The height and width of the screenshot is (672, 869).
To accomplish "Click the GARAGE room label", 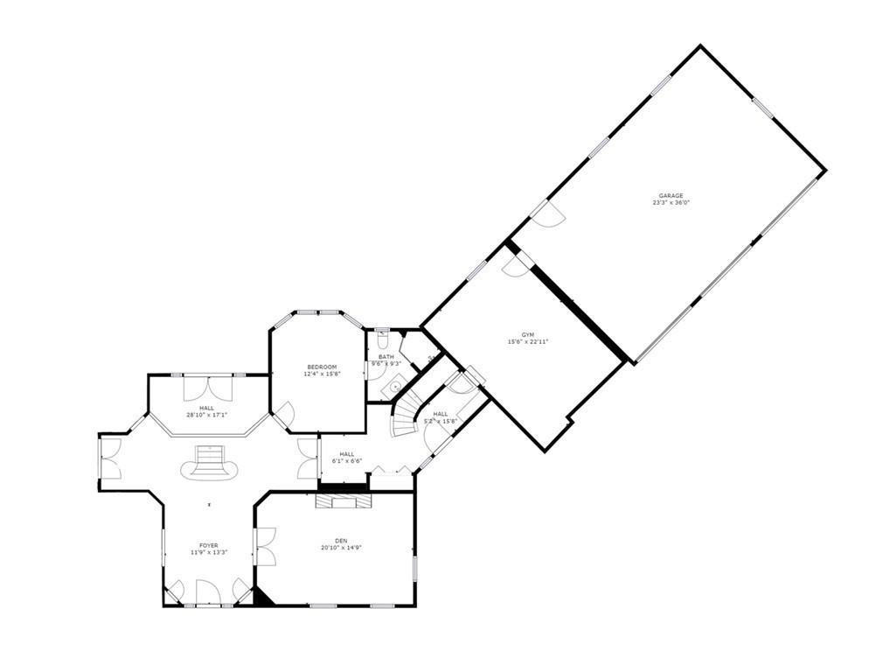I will point(671,195).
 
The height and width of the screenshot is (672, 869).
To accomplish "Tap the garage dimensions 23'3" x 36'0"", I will point(671,203).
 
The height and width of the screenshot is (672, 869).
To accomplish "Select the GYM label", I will point(527,334).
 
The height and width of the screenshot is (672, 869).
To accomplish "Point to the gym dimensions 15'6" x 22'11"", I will point(527,342).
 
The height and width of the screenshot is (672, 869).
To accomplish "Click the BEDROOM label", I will point(322,367).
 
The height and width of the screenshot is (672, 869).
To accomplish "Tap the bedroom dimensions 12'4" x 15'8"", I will point(322,374).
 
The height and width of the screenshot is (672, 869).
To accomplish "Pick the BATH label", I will point(386,356).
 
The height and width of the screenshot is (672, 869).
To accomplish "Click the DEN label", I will point(341,541).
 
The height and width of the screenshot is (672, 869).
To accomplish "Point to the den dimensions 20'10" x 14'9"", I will point(341,549).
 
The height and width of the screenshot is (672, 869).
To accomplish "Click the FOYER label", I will point(209,545).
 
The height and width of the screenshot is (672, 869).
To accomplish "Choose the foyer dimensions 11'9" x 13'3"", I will point(209,553).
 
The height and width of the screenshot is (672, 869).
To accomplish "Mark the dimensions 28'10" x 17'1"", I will point(206,416).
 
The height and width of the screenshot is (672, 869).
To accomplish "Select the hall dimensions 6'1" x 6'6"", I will point(347,461).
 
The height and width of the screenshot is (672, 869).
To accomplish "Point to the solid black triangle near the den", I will point(262,597).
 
